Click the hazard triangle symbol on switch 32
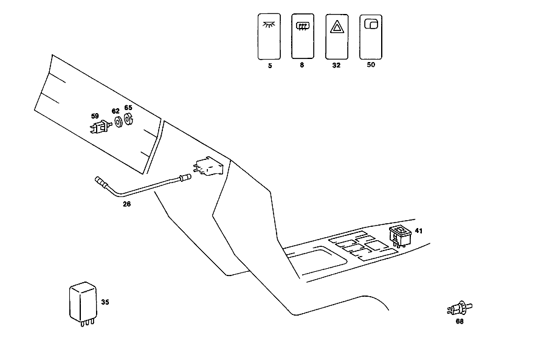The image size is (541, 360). pos(337,27)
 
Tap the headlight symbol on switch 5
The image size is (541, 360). pos(269,24)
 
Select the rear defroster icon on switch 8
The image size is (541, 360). pos(303,26)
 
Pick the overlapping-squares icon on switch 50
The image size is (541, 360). pos(371,24)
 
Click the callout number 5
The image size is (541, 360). pos(270,66)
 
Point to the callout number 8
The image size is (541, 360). pos(302,65)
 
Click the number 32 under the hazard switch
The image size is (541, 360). pos(336,65)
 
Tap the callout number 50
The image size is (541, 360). pos(371,64)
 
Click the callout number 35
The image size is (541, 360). pos(105,302)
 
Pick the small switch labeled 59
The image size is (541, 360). pos(101,126)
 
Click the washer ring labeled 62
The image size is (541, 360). pos(119,122)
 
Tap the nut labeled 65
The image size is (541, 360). pos(128,119)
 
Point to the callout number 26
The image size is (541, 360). pos(126,204)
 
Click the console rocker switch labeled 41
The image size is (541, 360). pos(400,236)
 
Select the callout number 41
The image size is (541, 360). pos(419,230)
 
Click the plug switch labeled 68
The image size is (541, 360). pos(460,308)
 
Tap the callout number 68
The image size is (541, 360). pos(460,321)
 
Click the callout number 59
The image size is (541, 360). pos(95,116)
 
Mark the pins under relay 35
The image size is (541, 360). pos(88,323)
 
